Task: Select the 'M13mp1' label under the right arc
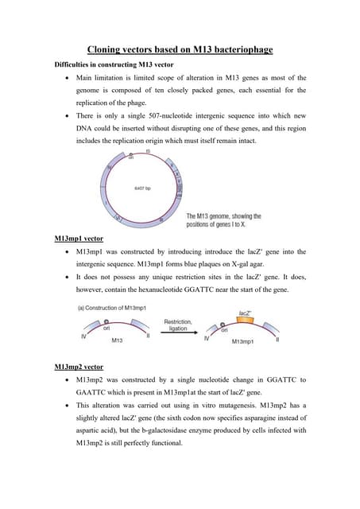click(241, 341)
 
